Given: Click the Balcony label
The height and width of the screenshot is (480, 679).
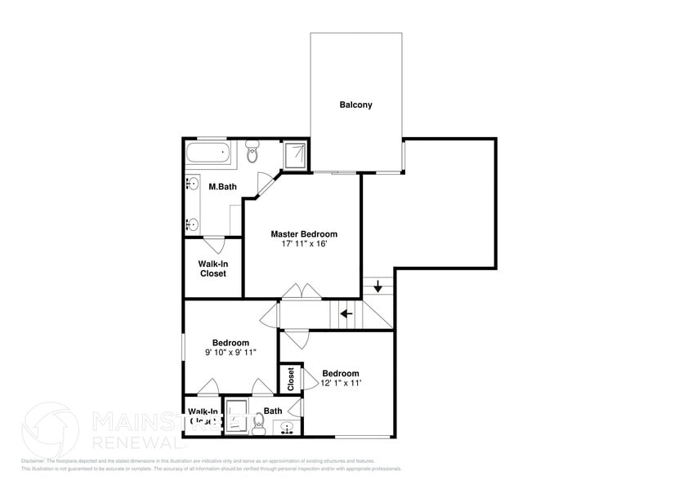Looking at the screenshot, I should point(355,104).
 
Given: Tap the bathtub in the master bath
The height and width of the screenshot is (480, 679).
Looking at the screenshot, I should point(209,153).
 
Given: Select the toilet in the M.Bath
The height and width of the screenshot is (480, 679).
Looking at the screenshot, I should point(252,152).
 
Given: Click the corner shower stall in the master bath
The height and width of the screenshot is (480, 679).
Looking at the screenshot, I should point(294,154).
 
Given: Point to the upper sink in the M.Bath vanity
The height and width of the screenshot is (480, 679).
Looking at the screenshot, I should point(194,184).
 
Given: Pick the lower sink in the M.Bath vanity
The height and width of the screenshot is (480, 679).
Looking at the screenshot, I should point(194,223).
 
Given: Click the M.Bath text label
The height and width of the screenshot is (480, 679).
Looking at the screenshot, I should point(222,187).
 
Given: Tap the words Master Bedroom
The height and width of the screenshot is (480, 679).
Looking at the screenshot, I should point(304,234).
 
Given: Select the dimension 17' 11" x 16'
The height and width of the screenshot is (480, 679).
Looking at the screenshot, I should point(304,244).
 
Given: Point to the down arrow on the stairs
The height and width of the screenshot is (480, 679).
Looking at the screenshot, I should point(378,286).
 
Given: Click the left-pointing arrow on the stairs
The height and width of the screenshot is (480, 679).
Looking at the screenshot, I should point(346,313).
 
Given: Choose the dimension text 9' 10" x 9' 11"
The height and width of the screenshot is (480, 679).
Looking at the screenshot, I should point(230,353).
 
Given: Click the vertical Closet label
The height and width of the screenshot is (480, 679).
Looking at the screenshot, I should point(291,378).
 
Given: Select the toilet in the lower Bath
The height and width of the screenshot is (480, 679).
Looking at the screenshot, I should point(259,423).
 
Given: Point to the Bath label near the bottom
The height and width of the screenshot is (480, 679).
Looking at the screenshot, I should point(273,411).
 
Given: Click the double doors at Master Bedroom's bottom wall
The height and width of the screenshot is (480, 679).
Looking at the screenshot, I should point(302,292).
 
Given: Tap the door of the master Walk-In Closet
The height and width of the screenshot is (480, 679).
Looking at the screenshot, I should point(215,243).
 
